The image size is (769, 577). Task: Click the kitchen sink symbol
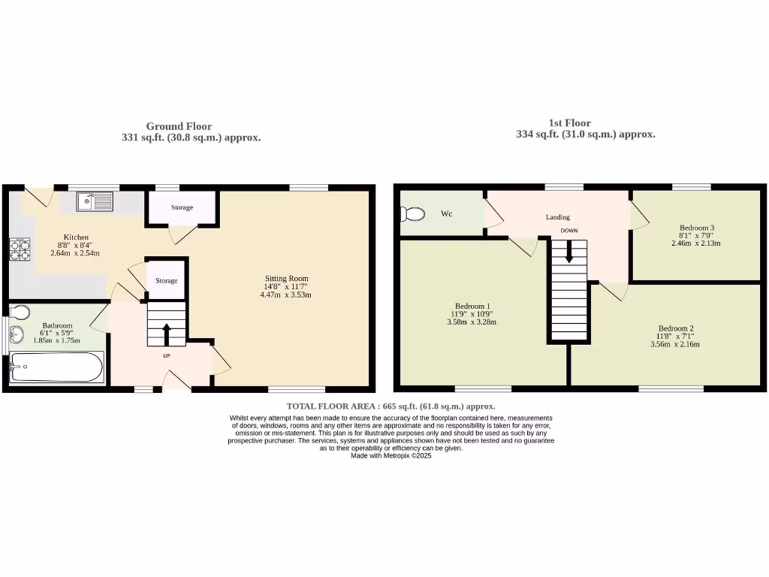click(x=94, y=201)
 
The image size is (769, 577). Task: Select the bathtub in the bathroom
click(x=57, y=369)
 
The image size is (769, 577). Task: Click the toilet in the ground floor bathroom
click(x=20, y=312)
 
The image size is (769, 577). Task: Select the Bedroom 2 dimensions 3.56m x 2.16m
click(x=674, y=345)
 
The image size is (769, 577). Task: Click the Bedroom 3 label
click(x=696, y=228)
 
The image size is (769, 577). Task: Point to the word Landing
click(x=557, y=217)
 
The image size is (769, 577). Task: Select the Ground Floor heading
click(x=179, y=126)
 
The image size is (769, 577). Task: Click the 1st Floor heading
click(x=569, y=122)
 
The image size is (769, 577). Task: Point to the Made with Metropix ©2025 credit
click(x=391, y=455)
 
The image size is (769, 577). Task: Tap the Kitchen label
click(x=74, y=237)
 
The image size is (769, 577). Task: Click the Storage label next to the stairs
click(x=166, y=281)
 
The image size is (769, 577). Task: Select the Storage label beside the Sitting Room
click(x=182, y=207)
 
